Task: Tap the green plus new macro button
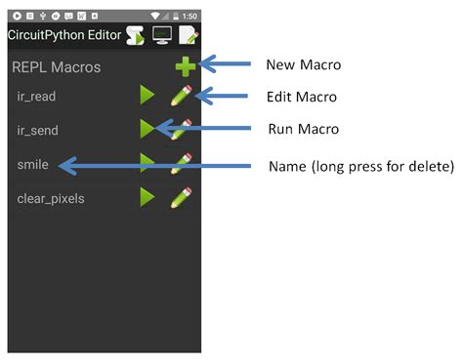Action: coord(184,66)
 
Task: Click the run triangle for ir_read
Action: coord(147,96)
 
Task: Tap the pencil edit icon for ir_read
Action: coord(181,96)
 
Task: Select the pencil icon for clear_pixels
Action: coord(181,197)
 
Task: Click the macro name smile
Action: coord(32,164)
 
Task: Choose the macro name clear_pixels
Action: coord(51,198)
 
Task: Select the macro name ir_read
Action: coord(37,96)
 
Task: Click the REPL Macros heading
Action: coord(56,68)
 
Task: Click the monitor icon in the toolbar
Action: coord(161,34)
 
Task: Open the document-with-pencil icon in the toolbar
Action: coord(188,34)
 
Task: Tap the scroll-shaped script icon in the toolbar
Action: coord(136,34)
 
